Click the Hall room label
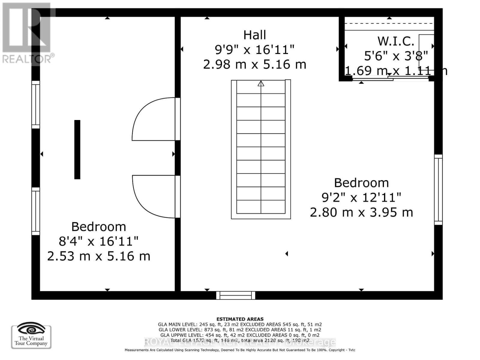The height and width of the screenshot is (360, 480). coord(254,35)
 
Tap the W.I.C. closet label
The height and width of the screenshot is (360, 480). coord(396,41)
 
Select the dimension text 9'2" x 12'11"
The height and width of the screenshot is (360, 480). coord(361,198)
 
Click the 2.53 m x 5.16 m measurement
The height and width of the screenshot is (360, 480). coord(99,256)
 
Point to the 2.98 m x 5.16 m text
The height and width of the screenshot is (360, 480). coord(254,64)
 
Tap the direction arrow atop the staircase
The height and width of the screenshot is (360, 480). coord(261,83)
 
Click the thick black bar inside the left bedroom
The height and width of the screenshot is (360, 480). coord(77,149)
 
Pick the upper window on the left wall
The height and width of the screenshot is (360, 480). coord(36,105)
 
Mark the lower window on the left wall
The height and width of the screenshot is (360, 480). coord(36,211)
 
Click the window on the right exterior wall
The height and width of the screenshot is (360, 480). coord(438,190)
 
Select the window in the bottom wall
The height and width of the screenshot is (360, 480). coord(236,295)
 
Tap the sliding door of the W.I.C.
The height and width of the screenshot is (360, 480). coord(390,79)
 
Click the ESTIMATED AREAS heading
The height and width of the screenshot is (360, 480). coord(240,319)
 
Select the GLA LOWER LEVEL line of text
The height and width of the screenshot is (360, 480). coord(240,330)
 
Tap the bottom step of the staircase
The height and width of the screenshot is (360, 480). coord(261,207)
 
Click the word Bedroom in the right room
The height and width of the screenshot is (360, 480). coord(361,183)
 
